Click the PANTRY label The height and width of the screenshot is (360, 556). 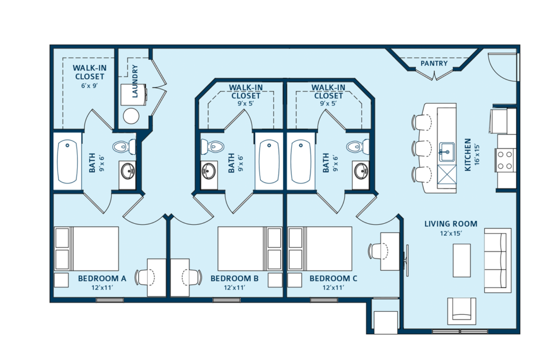pos(434,64)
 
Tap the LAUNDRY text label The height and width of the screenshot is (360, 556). pos(135,82)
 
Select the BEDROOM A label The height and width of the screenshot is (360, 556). pos(102,279)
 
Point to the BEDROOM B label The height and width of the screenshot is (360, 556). pos(234,279)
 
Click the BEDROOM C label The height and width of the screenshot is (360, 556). pos(333,279)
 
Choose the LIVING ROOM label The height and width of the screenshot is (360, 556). pos(451,224)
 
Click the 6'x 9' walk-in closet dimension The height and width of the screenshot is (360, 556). pos(89,85)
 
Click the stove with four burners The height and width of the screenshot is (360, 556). pos(505,160)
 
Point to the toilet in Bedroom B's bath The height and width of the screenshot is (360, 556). pos(211,146)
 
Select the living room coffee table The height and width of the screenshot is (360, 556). pos(462,260)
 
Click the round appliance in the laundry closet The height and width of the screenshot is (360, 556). pos(131,116)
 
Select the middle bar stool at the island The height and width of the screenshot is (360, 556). pos(421,149)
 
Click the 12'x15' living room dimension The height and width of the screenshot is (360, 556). pos(451,233)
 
